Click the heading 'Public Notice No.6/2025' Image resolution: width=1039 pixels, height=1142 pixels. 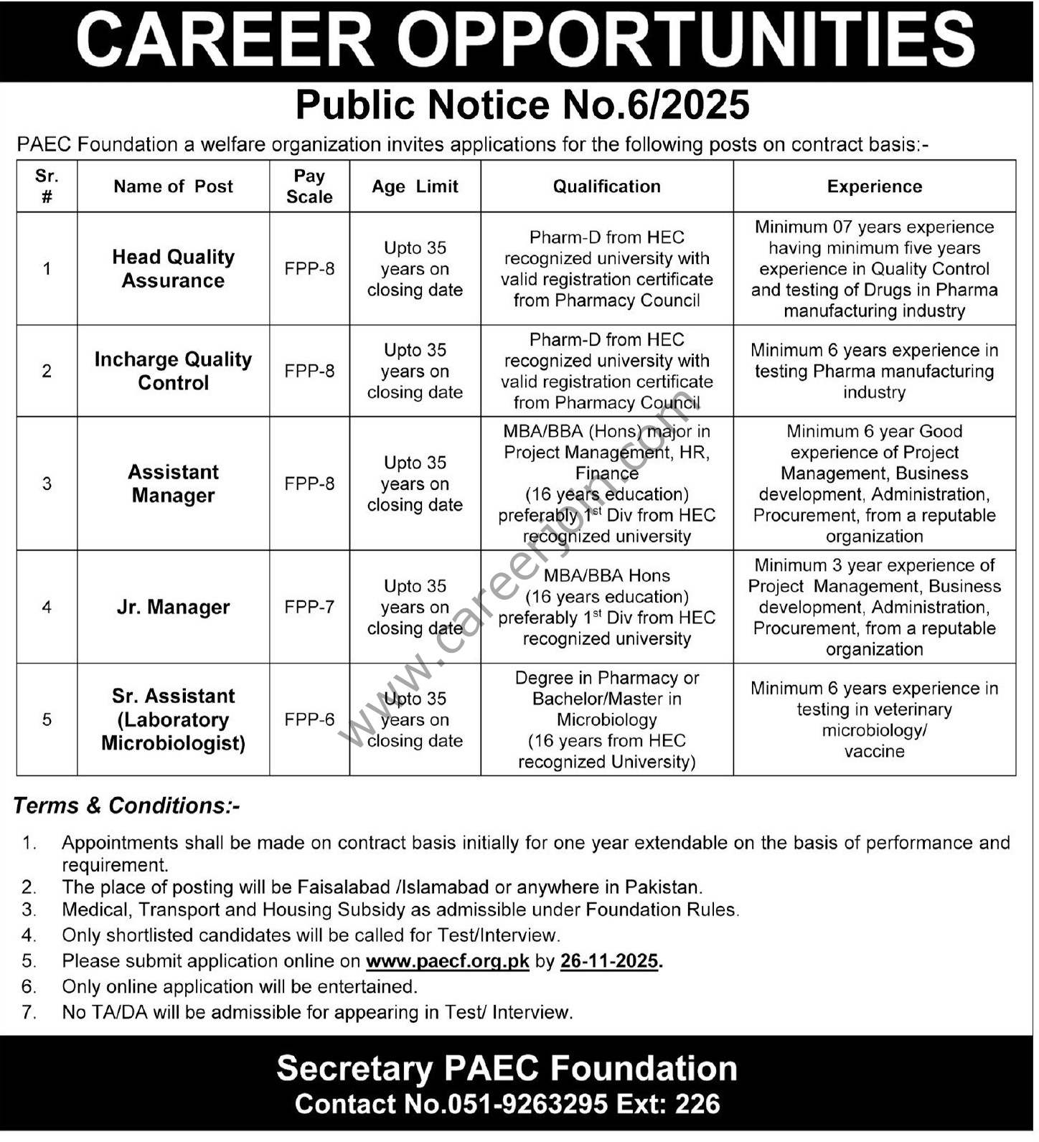point(522,105)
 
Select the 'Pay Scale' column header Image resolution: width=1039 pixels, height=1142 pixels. point(309,187)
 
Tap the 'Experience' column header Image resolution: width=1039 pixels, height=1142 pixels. point(874,187)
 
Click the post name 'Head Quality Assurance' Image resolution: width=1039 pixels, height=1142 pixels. point(173,268)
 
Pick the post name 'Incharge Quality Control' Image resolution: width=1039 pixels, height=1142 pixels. point(173,371)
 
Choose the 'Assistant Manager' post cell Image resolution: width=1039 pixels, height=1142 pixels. point(173,483)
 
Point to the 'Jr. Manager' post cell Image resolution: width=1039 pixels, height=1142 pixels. point(173,607)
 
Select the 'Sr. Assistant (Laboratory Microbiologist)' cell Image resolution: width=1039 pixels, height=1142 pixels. point(173,719)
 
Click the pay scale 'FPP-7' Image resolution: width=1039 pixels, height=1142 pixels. point(309,607)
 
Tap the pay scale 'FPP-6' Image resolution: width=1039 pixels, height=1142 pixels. point(309,719)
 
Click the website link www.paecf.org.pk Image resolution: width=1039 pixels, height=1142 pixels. point(447,961)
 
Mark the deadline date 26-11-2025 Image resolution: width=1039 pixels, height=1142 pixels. point(609,961)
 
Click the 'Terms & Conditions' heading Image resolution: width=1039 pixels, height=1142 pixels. point(126,806)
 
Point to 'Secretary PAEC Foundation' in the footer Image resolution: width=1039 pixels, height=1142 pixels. point(507,1069)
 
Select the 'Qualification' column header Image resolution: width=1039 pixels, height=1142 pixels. point(606,187)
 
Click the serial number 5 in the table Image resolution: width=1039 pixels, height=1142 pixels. point(47,719)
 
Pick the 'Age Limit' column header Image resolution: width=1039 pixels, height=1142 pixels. point(415,187)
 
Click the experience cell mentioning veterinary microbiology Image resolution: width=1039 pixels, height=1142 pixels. point(874,719)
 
